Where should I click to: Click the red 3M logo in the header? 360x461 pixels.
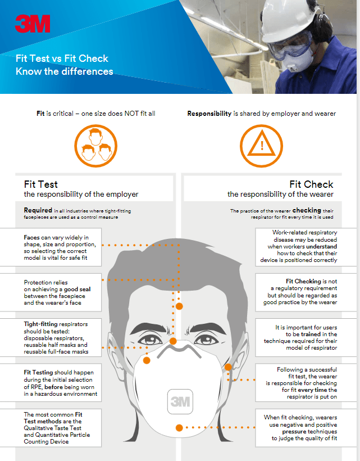(x=33, y=24)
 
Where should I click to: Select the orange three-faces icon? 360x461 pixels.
(x=95, y=146)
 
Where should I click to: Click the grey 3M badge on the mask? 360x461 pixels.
(x=180, y=401)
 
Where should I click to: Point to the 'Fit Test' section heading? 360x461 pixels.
(x=41, y=184)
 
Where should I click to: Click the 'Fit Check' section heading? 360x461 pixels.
(x=311, y=184)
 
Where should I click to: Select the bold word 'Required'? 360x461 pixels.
(x=38, y=210)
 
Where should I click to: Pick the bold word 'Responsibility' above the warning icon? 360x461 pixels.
(x=209, y=114)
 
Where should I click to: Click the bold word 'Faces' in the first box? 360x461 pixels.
(x=31, y=238)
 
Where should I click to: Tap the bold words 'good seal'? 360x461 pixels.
(x=78, y=290)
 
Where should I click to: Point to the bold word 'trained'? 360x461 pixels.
(x=311, y=335)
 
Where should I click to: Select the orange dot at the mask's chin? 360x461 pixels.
(x=179, y=428)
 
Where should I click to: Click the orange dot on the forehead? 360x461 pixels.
(x=179, y=306)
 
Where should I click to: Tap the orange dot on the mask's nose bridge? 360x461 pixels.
(x=173, y=341)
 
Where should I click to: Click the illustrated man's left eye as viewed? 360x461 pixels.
(x=150, y=340)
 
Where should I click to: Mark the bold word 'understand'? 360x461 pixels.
(x=320, y=246)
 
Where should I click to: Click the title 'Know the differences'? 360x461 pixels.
(x=65, y=71)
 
